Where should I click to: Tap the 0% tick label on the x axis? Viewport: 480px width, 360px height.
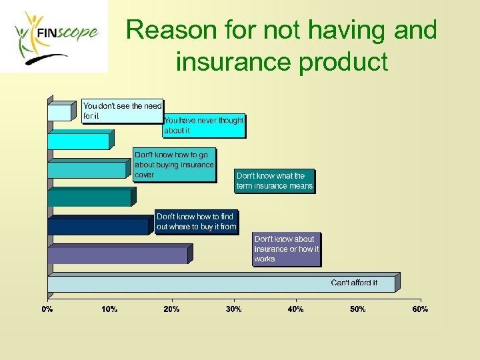coord(48,309)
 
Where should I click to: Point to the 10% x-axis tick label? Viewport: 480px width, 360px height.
coord(109,309)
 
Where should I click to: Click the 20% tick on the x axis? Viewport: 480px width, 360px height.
coord(171,309)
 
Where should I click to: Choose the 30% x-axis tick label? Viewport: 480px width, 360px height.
coord(233,309)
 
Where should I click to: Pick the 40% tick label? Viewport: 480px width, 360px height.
coord(295,309)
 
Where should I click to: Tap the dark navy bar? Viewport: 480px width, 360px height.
coord(97,227)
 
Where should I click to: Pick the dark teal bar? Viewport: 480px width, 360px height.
coord(89,198)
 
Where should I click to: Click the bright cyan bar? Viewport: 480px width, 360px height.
coord(78,141)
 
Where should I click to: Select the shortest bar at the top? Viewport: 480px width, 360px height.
coord(59,113)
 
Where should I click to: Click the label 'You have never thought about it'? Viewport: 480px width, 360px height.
coord(204,125)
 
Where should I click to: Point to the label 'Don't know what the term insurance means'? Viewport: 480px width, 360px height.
coord(274,181)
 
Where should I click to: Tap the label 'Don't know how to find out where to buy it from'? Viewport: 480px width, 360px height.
coord(196,221)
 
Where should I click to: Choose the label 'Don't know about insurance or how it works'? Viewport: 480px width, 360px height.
coord(286,249)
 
